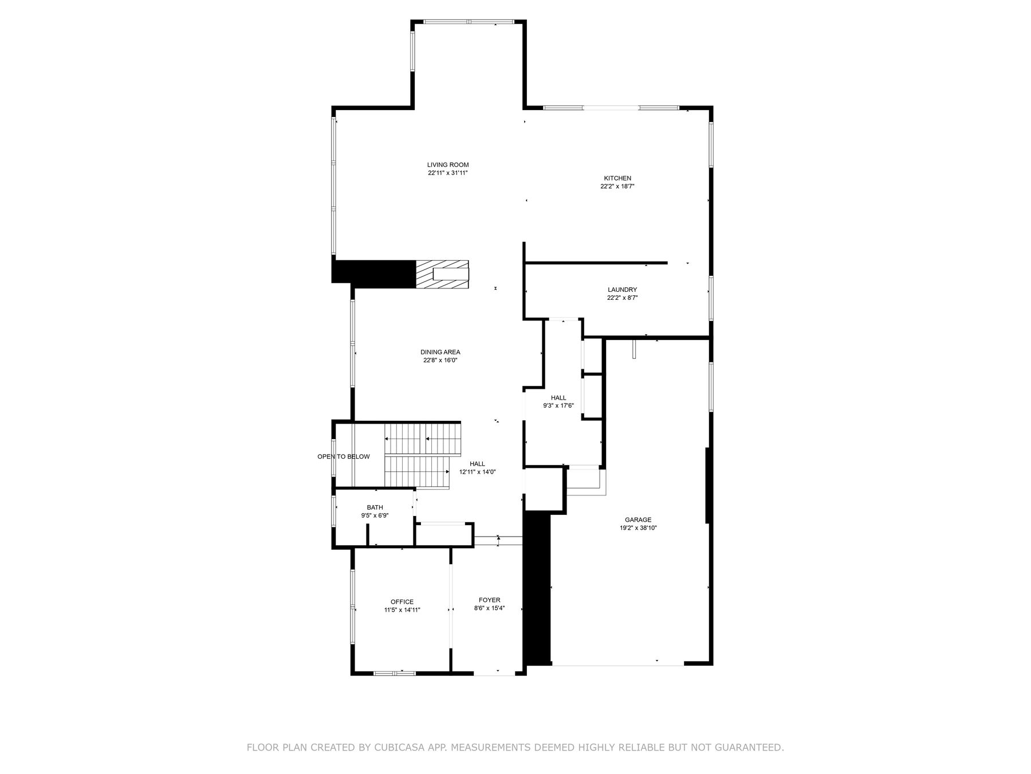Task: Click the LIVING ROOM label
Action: coord(447,165)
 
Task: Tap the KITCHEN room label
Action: coord(617,178)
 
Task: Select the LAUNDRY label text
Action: coord(622,290)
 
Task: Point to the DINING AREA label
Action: coord(440,353)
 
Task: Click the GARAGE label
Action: coord(638,520)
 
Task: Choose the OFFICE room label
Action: coord(402,602)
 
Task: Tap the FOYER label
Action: coord(489,600)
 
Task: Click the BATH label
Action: coord(375,507)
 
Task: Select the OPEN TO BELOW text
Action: coord(344,457)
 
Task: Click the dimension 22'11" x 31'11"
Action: coord(447,173)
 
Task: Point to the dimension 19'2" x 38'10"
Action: coord(638,528)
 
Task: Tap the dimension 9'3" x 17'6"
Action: coord(558,406)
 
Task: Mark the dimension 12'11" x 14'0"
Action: coord(477,472)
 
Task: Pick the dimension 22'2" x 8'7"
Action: coord(622,298)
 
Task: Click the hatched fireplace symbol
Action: coord(442,274)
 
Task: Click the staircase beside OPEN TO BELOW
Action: coord(422,455)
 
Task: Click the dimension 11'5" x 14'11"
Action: coord(402,610)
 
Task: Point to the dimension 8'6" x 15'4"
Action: coord(489,608)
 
